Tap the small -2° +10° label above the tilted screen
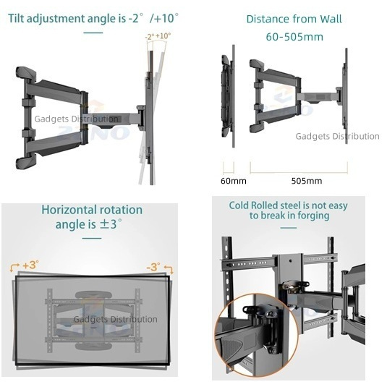[159, 36]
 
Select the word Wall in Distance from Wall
[327, 19]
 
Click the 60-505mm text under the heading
[294, 35]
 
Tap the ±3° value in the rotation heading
[110, 225]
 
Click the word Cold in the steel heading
[242, 205]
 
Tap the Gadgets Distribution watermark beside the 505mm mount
[337, 136]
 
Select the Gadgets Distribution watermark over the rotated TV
[115, 319]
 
